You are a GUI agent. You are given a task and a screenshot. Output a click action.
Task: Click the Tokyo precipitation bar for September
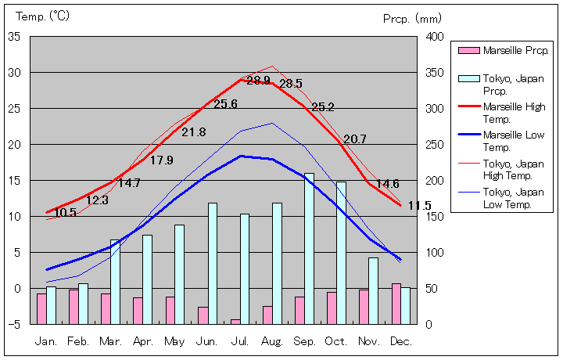coord(309,248)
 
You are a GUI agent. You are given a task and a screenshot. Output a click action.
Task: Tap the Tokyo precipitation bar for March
coord(115,282)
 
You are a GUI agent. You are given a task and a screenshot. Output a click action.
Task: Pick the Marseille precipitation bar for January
coord(41,308)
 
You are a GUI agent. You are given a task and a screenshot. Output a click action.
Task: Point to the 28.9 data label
coord(258,81)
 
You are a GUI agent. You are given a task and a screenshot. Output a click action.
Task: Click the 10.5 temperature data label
coord(66,212)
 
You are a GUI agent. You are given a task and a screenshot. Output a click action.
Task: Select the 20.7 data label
coord(354,139)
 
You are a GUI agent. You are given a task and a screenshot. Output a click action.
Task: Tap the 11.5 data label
coord(420,206)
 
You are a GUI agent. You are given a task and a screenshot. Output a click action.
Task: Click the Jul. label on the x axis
coord(240,341)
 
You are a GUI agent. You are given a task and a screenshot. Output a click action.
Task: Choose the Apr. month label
coord(143,341)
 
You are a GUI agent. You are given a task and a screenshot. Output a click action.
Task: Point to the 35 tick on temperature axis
coord(15,37)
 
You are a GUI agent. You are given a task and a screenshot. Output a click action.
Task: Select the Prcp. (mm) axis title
coord(413,18)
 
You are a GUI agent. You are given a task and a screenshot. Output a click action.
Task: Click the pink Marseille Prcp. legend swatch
coord(468,51)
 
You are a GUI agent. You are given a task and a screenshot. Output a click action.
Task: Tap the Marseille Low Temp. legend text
coord(514,141)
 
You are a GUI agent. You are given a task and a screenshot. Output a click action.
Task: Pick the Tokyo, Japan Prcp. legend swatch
coord(468,78)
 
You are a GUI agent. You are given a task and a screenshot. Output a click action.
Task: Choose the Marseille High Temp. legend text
coord(514,113)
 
